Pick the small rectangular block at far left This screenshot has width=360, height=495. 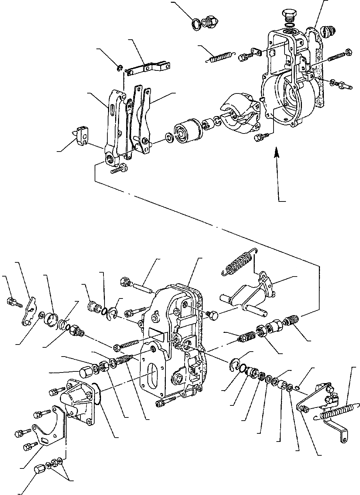(81, 135)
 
